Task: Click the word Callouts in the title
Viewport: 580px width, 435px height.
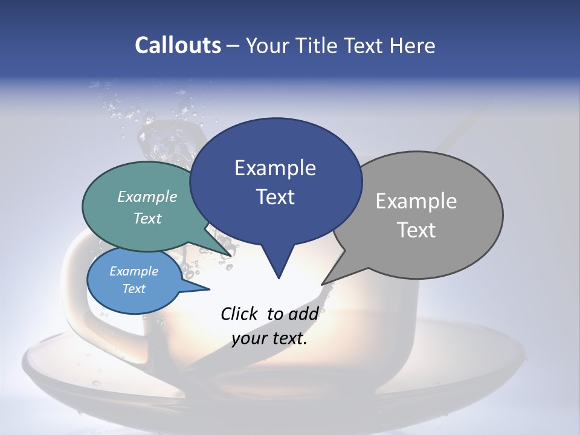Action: [178, 45]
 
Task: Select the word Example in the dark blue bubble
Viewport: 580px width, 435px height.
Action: [275, 168]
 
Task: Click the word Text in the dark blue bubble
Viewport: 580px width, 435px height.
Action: [275, 197]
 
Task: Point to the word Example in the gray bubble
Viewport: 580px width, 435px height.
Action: [416, 201]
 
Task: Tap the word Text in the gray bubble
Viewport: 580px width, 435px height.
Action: [416, 230]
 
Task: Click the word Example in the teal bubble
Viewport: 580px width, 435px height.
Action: [147, 196]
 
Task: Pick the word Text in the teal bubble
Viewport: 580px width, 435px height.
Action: [147, 218]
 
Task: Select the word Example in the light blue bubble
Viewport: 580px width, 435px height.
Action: [134, 271]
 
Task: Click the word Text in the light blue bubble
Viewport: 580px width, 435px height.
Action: [134, 289]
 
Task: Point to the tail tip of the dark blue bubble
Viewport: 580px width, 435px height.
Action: [279, 278]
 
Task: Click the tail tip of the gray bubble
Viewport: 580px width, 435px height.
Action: [322, 284]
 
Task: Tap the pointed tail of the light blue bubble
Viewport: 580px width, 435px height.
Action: [208, 289]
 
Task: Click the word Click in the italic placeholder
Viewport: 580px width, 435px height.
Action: [240, 314]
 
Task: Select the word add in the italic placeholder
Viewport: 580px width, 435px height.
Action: [303, 314]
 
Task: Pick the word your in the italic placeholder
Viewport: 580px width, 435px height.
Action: [249, 338]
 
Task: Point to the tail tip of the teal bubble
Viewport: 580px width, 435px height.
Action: [231, 255]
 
